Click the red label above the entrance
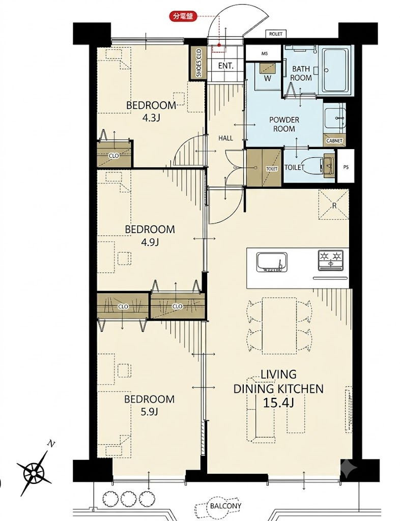pos(183,16)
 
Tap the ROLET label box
pos(276,34)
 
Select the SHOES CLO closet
pos(198,63)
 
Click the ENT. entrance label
pos(225,66)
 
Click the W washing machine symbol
pos(268,74)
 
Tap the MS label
pos(265,53)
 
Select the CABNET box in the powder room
pos(334,140)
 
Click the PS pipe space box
pos(346,167)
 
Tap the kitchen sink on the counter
pos(272,262)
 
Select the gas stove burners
pos(330,259)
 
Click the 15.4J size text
pos(278,403)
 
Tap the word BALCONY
pos(225,506)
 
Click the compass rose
pos(34,471)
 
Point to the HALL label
pos(225,138)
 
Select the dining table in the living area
pos(279,326)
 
